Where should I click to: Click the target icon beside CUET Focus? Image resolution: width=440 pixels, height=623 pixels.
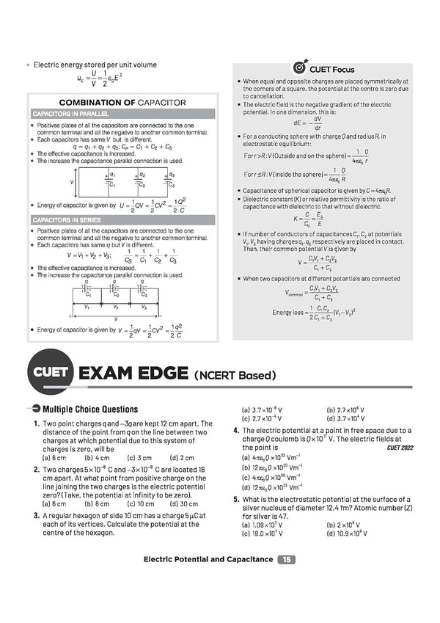click(x=300, y=68)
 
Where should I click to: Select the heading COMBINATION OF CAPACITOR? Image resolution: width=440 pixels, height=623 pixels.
click(x=122, y=103)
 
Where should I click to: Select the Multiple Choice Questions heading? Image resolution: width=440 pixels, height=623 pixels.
click(x=90, y=409)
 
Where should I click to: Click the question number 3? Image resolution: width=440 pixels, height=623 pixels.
click(x=35, y=516)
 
